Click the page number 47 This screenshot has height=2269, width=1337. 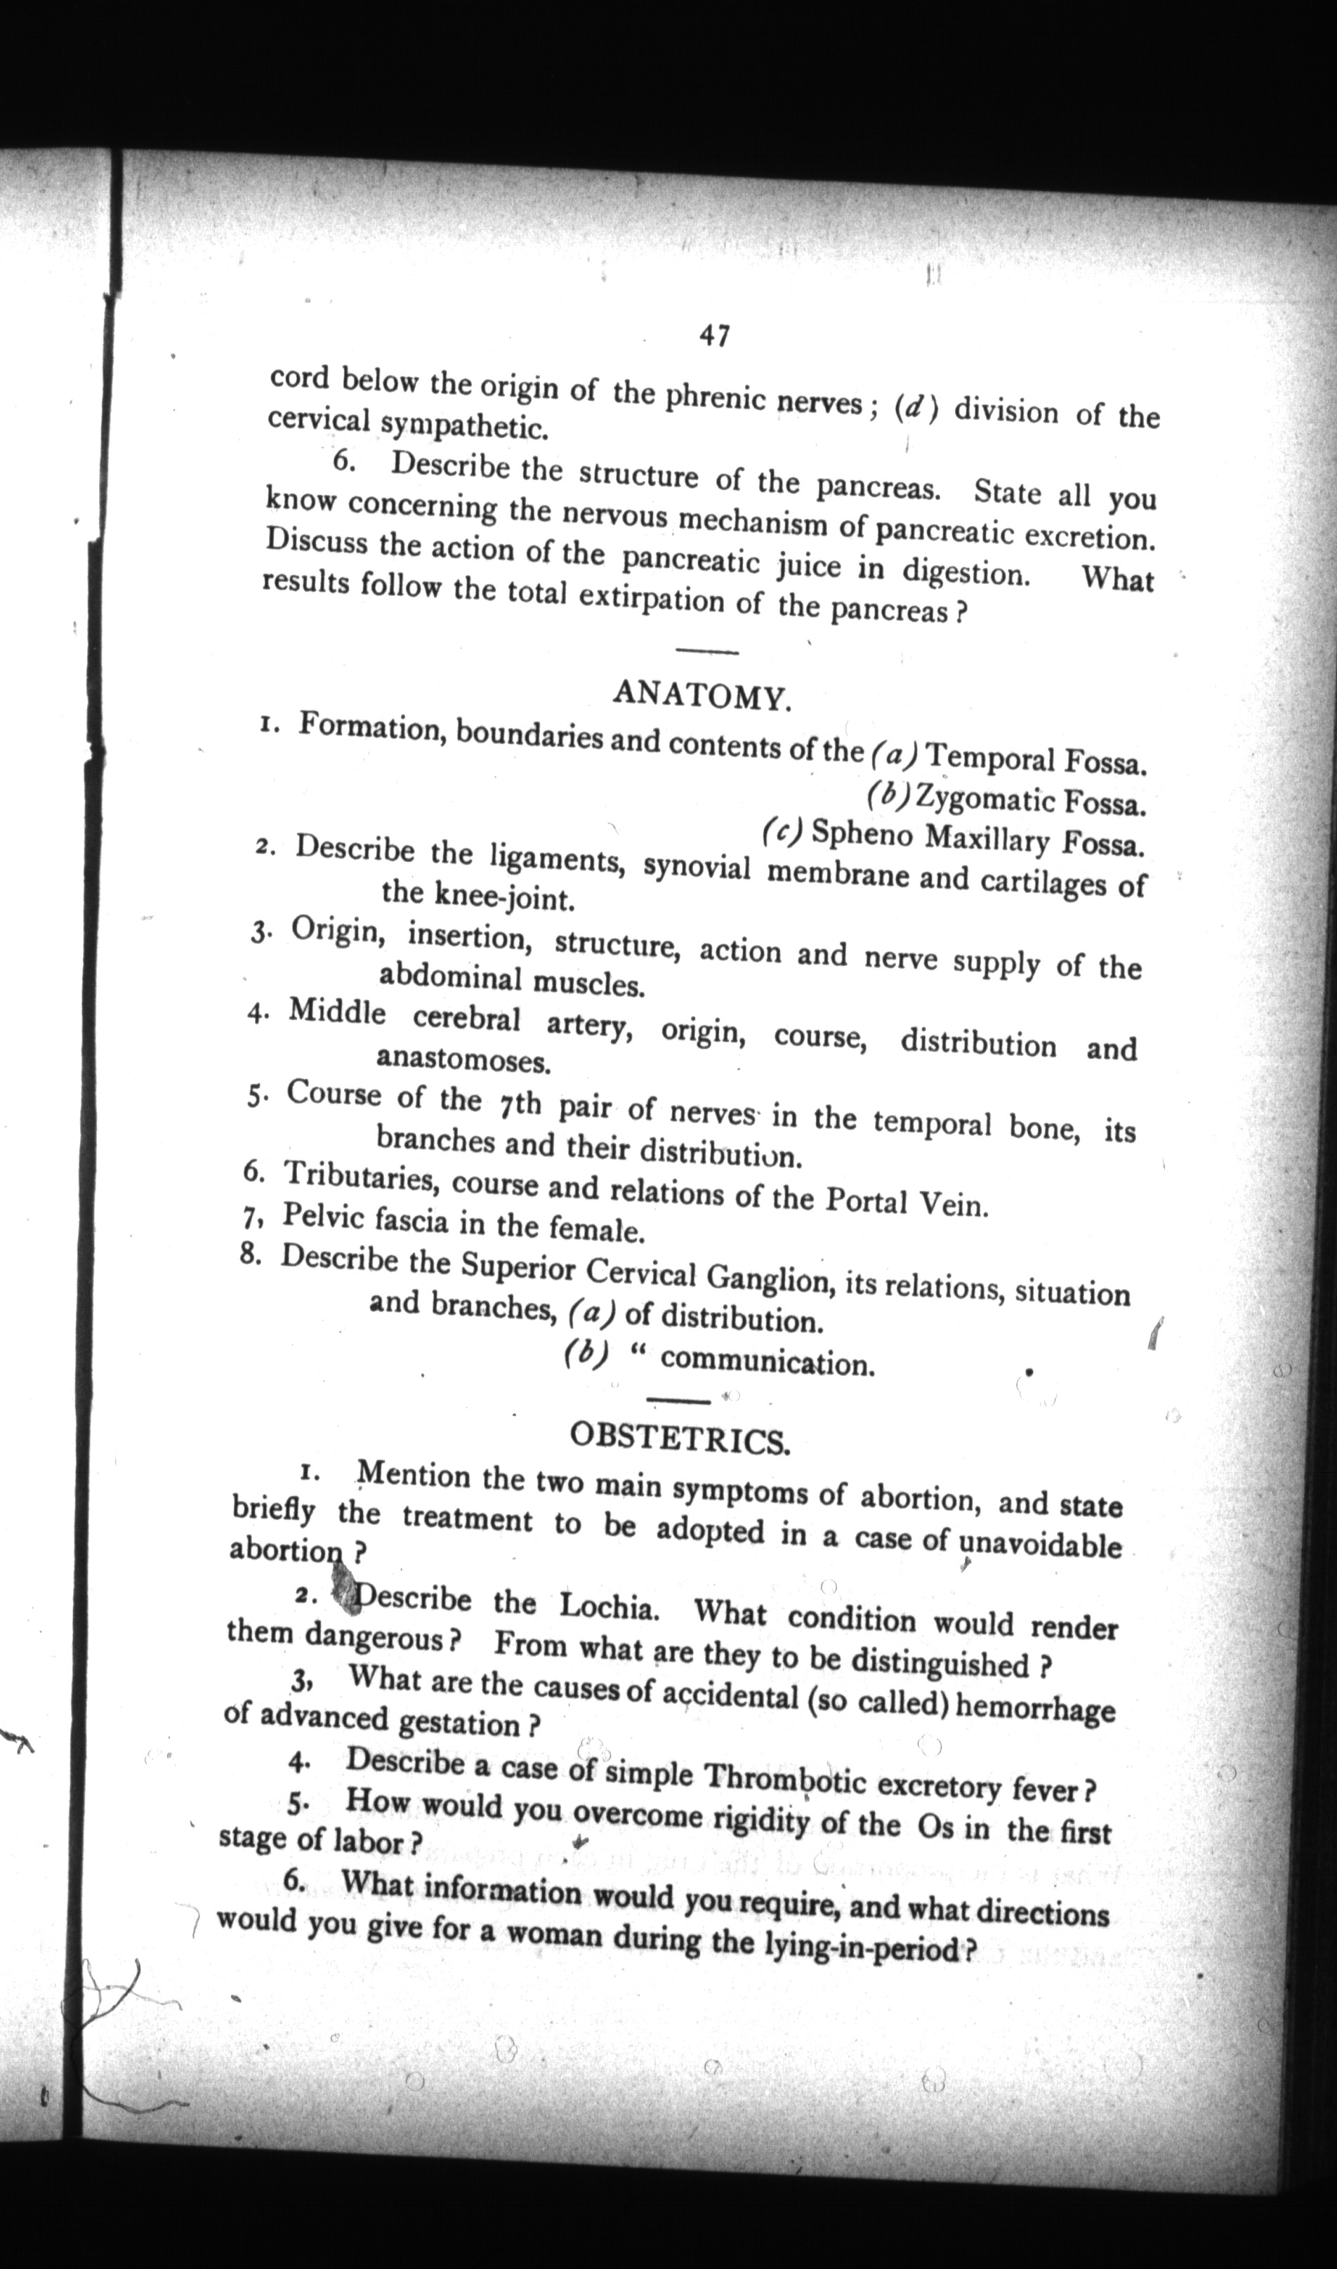[713, 336]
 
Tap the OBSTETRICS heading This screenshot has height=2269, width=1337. [680, 1441]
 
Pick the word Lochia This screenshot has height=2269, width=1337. [609, 1605]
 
